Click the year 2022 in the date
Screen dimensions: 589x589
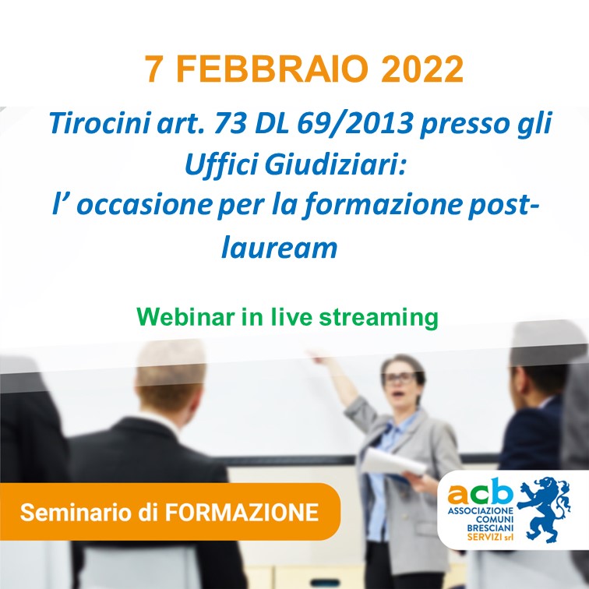(x=421, y=69)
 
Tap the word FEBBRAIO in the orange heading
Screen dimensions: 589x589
(x=272, y=69)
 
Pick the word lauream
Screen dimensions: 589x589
(x=279, y=248)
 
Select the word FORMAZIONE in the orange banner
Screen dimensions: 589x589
(x=242, y=512)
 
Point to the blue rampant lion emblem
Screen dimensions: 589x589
(x=544, y=510)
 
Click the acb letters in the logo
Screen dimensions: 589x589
(x=480, y=492)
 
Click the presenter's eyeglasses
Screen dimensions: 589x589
(x=400, y=378)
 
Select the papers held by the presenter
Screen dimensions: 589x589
(x=393, y=463)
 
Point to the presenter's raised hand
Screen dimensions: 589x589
(x=317, y=356)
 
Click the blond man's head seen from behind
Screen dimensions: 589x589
(x=171, y=376)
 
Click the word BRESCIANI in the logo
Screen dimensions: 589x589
(x=490, y=527)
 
